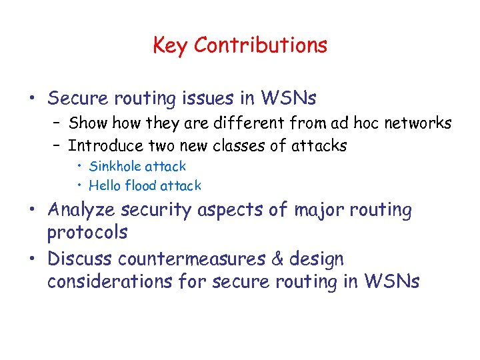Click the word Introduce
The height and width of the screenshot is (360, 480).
[106, 145]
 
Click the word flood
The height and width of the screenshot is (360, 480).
[139, 185]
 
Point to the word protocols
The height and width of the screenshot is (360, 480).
[87, 233]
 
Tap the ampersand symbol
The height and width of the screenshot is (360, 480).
[290, 258]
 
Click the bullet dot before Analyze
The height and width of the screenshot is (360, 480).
[33, 211]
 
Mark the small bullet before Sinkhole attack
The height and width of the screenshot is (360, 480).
[79, 166]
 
